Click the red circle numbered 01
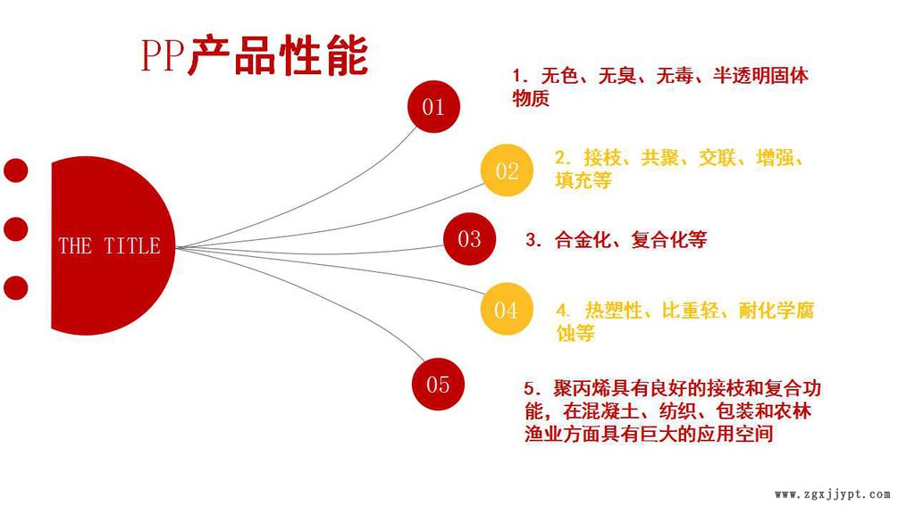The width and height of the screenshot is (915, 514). click(x=433, y=107)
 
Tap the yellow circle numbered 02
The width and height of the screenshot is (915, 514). click(x=507, y=170)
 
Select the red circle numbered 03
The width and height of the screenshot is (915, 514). click(x=469, y=238)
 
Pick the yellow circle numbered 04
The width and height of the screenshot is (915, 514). click(x=506, y=310)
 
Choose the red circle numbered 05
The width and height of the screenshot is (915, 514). click(x=438, y=385)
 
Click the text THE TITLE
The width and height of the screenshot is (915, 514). click(x=109, y=245)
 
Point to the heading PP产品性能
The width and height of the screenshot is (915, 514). click(x=254, y=55)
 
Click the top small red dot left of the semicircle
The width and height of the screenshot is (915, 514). click(x=15, y=170)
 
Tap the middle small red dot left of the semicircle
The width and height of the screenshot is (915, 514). click(x=15, y=228)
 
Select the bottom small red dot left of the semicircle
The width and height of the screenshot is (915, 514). click(x=15, y=287)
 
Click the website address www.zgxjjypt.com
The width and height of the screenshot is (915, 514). click(x=832, y=493)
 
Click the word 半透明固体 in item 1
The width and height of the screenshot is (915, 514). click(x=761, y=76)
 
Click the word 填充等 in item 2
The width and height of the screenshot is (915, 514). click(x=583, y=180)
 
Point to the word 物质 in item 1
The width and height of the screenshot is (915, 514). click(x=531, y=98)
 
